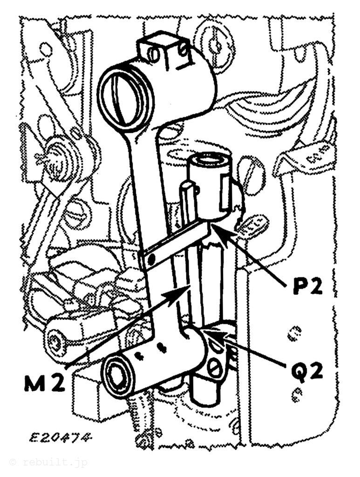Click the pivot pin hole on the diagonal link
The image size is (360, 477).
[151, 259]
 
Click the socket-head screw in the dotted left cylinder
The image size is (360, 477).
[55, 342]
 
